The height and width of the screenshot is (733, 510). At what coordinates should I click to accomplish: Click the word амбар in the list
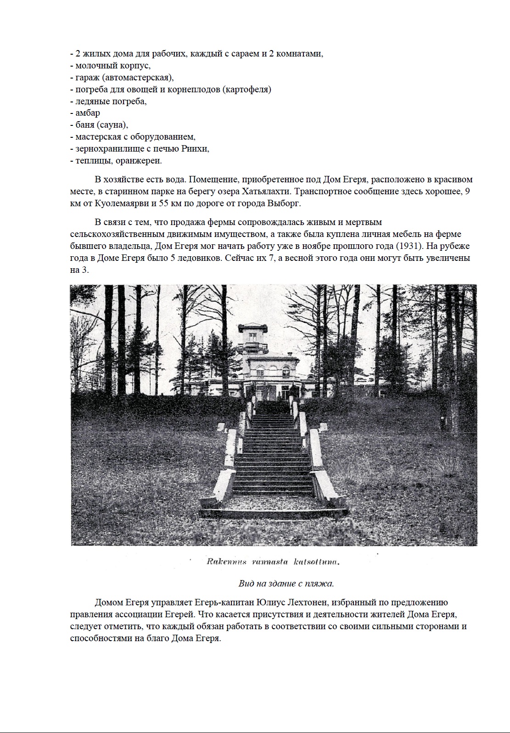point(88,113)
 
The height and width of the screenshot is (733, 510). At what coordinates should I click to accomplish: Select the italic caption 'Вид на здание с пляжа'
point(286,584)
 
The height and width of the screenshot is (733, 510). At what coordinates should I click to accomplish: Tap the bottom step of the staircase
point(274,511)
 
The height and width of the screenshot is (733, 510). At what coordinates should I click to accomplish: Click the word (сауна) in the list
point(112,125)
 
